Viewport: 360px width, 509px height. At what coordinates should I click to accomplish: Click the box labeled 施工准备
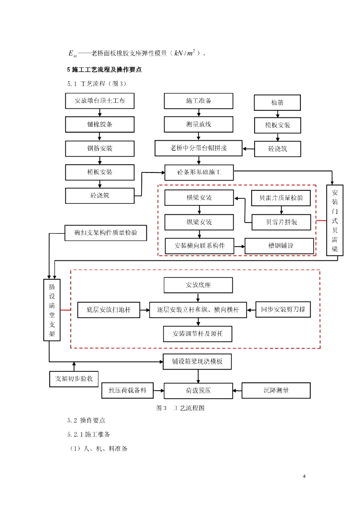[x=198, y=100]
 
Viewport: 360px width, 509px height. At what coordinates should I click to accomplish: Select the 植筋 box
[x=277, y=102]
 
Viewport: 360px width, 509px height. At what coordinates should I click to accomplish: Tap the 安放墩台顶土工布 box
[x=100, y=100]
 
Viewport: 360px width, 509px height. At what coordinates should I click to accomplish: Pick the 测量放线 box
[x=198, y=124]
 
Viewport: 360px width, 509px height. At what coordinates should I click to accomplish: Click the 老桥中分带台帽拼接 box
[x=198, y=148]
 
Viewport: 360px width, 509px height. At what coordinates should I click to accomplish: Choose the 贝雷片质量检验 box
[x=281, y=198]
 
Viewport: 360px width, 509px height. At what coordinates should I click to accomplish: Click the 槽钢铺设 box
[x=279, y=246]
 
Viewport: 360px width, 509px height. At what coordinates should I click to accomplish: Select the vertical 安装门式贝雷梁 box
[x=335, y=220]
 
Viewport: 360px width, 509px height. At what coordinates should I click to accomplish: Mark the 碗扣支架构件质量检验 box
[x=106, y=233]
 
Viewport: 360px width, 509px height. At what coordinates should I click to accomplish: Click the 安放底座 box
[x=198, y=285]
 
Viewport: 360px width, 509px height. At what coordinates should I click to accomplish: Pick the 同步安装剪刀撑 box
[x=282, y=310]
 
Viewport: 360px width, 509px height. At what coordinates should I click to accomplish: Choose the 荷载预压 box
[x=198, y=391]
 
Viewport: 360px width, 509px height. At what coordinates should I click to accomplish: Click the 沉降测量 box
[x=276, y=390]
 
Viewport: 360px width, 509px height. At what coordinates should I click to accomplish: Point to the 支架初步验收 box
[x=74, y=379]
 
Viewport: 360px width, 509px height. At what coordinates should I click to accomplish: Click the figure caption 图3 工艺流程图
[x=180, y=408]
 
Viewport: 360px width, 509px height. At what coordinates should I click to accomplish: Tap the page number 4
[x=304, y=477]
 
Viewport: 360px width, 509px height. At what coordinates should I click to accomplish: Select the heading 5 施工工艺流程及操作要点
[x=104, y=70]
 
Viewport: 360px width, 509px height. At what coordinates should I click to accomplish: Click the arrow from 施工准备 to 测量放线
[x=198, y=112]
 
